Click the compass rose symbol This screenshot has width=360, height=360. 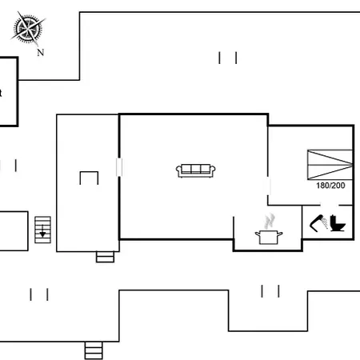pyautogui.click(x=28, y=28)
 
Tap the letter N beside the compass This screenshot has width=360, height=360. pyautogui.click(x=41, y=52)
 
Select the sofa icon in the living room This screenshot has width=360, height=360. pyautogui.click(x=196, y=170)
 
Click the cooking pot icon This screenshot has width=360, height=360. pyautogui.click(x=269, y=237)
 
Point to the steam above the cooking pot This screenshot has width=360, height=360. pyautogui.click(x=270, y=221)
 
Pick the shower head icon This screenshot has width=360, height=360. pyautogui.click(x=319, y=223)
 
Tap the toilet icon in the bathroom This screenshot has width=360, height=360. pyautogui.click(x=338, y=223)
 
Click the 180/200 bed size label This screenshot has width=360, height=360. pyautogui.click(x=330, y=186)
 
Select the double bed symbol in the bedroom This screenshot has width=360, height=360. pyautogui.click(x=330, y=165)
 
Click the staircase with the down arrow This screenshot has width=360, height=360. pyautogui.click(x=42, y=230)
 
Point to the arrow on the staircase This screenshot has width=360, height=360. pyautogui.click(x=42, y=231)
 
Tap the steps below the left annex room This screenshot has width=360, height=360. pyautogui.click(x=105, y=257)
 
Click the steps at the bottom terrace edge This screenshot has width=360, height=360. pyautogui.click(x=94, y=350)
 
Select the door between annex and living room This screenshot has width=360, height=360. pyautogui.click(x=119, y=167)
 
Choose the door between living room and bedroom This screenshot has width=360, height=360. pyautogui.click(x=268, y=186)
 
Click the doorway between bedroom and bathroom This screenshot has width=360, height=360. pyautogui.click(x=330, y=206)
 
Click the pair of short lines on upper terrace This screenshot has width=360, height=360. pyautogui.click(x=228, y=58)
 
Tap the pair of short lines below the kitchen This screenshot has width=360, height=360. pyautogui.click(x=270, y=291)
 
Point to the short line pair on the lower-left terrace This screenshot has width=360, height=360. pyautogui.click(x=39, y=294)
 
